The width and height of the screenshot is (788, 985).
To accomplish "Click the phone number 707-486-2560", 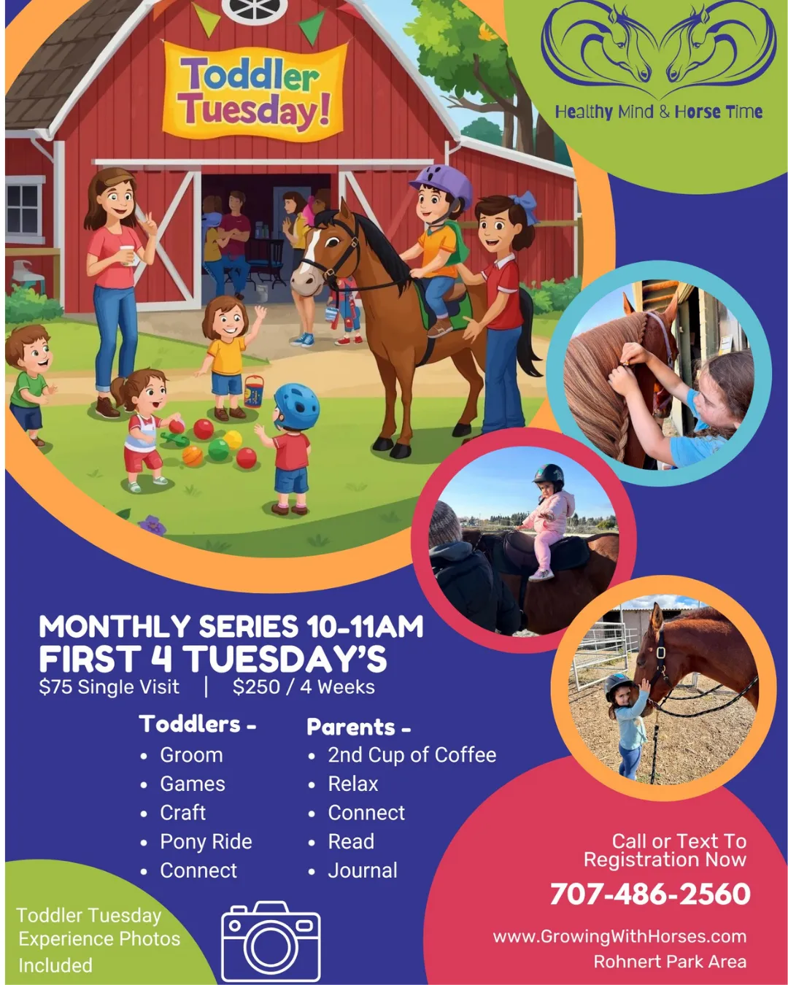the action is coord(650,893).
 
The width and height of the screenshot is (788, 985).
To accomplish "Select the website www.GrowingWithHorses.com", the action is coord(619,936).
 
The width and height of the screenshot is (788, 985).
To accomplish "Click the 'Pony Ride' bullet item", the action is coord(206,841).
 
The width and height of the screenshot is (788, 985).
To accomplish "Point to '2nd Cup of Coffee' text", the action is coord(412,754).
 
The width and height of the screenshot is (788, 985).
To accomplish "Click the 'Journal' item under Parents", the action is coord(362,870).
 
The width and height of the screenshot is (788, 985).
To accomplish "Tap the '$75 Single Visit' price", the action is coord(109,687).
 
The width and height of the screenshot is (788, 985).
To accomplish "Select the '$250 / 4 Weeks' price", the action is coord(304,687).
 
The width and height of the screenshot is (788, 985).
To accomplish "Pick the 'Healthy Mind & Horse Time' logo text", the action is coord(658,112).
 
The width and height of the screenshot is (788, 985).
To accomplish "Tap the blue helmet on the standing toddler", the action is coord(297,406).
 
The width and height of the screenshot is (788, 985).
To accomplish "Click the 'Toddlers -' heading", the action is coord(197,724).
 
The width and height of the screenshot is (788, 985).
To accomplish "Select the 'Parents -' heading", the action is coord(358,727).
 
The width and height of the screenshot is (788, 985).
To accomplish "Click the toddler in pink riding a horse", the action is coord(547,519).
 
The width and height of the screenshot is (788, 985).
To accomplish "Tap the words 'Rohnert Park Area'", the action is coord(670,962).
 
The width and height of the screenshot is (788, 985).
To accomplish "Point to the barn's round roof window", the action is coord(255,9).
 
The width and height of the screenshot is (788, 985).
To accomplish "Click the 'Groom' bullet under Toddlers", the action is coord(191,754).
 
